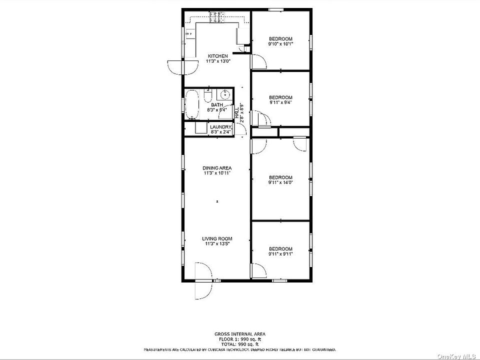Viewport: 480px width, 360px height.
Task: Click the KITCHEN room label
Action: coord(218,56)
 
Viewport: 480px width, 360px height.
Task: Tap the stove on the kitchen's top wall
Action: coord(217,17)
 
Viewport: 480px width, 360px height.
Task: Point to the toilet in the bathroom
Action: coord(208,95)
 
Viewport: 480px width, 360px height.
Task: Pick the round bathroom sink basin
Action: coord(225,94)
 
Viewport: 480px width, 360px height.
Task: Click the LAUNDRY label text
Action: coord(220,127)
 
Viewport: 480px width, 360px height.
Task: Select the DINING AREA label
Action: coord(217,168)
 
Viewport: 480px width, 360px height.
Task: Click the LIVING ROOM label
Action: coord(217,239)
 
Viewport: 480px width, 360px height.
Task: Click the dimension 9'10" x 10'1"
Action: coord(280,44)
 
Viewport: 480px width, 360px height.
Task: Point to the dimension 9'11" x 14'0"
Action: coord(280,182)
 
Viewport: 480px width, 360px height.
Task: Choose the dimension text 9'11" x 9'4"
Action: coord(280,102)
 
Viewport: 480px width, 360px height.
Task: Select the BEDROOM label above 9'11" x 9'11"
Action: coord(280,248)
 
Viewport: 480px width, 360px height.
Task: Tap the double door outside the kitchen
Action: coord(176,67)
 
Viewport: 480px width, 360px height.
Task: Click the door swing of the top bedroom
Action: coord(258,61)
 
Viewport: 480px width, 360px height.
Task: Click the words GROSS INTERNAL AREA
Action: coord(240,334)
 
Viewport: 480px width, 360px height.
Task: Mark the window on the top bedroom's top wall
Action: coord(276,9)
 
